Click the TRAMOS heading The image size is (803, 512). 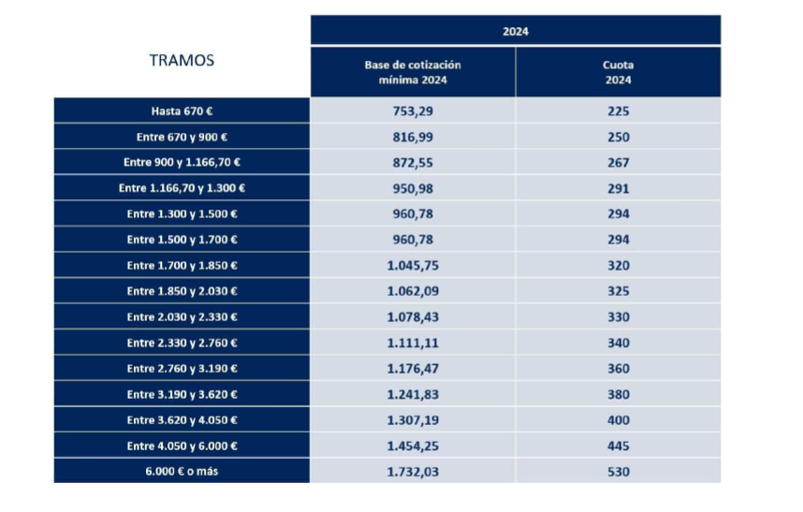pos(182,61)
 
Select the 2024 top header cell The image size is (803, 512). pos(516,31)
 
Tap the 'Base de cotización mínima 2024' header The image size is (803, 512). pos(413,72)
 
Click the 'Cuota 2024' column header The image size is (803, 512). pos(618,72)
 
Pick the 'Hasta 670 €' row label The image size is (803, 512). pos(182,111)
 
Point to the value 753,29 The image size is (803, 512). pos(413,111)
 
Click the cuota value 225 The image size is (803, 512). pos(618,111)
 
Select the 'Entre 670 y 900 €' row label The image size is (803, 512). pos(182,137)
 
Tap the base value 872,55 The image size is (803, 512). pos(413,162)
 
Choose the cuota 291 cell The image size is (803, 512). pos(618,188)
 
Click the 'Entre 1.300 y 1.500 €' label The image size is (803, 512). pos(182,214)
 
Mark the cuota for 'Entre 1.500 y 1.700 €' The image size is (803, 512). pos(618,240)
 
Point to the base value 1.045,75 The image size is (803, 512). pos(413,266)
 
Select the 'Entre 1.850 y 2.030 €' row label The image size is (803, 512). pos(182,291)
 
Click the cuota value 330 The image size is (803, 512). pos(618,317)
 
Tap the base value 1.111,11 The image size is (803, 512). pos(413,343)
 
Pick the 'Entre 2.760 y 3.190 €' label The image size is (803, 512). pos(182,369)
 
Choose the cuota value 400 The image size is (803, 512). pos(618,420)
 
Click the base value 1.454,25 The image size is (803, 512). pos(413,446)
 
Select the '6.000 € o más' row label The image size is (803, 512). pos(182,472)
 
